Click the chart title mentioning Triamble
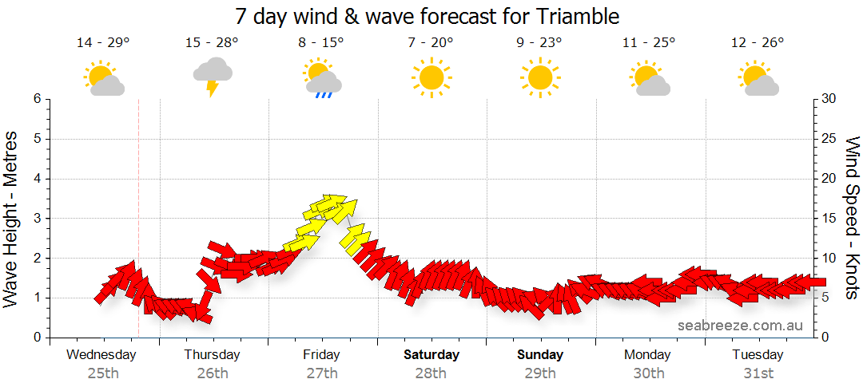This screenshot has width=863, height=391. pos(428,15)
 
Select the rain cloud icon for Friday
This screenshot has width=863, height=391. pos(322,78)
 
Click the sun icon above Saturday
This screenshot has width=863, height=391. pos(431,77)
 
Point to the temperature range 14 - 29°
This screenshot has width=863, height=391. pos(103,42)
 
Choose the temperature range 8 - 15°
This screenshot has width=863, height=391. pos(321,42)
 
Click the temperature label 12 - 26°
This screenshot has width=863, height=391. pos(757,42)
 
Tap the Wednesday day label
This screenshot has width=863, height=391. pos(101,354)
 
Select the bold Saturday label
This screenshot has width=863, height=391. pos(431,354)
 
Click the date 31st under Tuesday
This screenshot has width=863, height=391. pos(758,373)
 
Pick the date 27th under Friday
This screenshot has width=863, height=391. pos(321,373)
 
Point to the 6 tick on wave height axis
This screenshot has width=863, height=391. pos(37,99)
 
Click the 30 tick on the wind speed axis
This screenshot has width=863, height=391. pos(829,99)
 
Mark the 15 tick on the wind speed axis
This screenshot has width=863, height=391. pos(829,219)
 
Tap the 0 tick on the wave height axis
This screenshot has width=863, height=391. pos(37,338)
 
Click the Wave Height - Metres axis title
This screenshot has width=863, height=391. pos(11,218)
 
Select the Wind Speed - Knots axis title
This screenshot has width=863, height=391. pos(852,217)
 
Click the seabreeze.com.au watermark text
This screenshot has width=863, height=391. pos(740,325)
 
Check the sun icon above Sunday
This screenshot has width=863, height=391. pos(539,77)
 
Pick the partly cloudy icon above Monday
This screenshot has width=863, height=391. pos(649,78)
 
